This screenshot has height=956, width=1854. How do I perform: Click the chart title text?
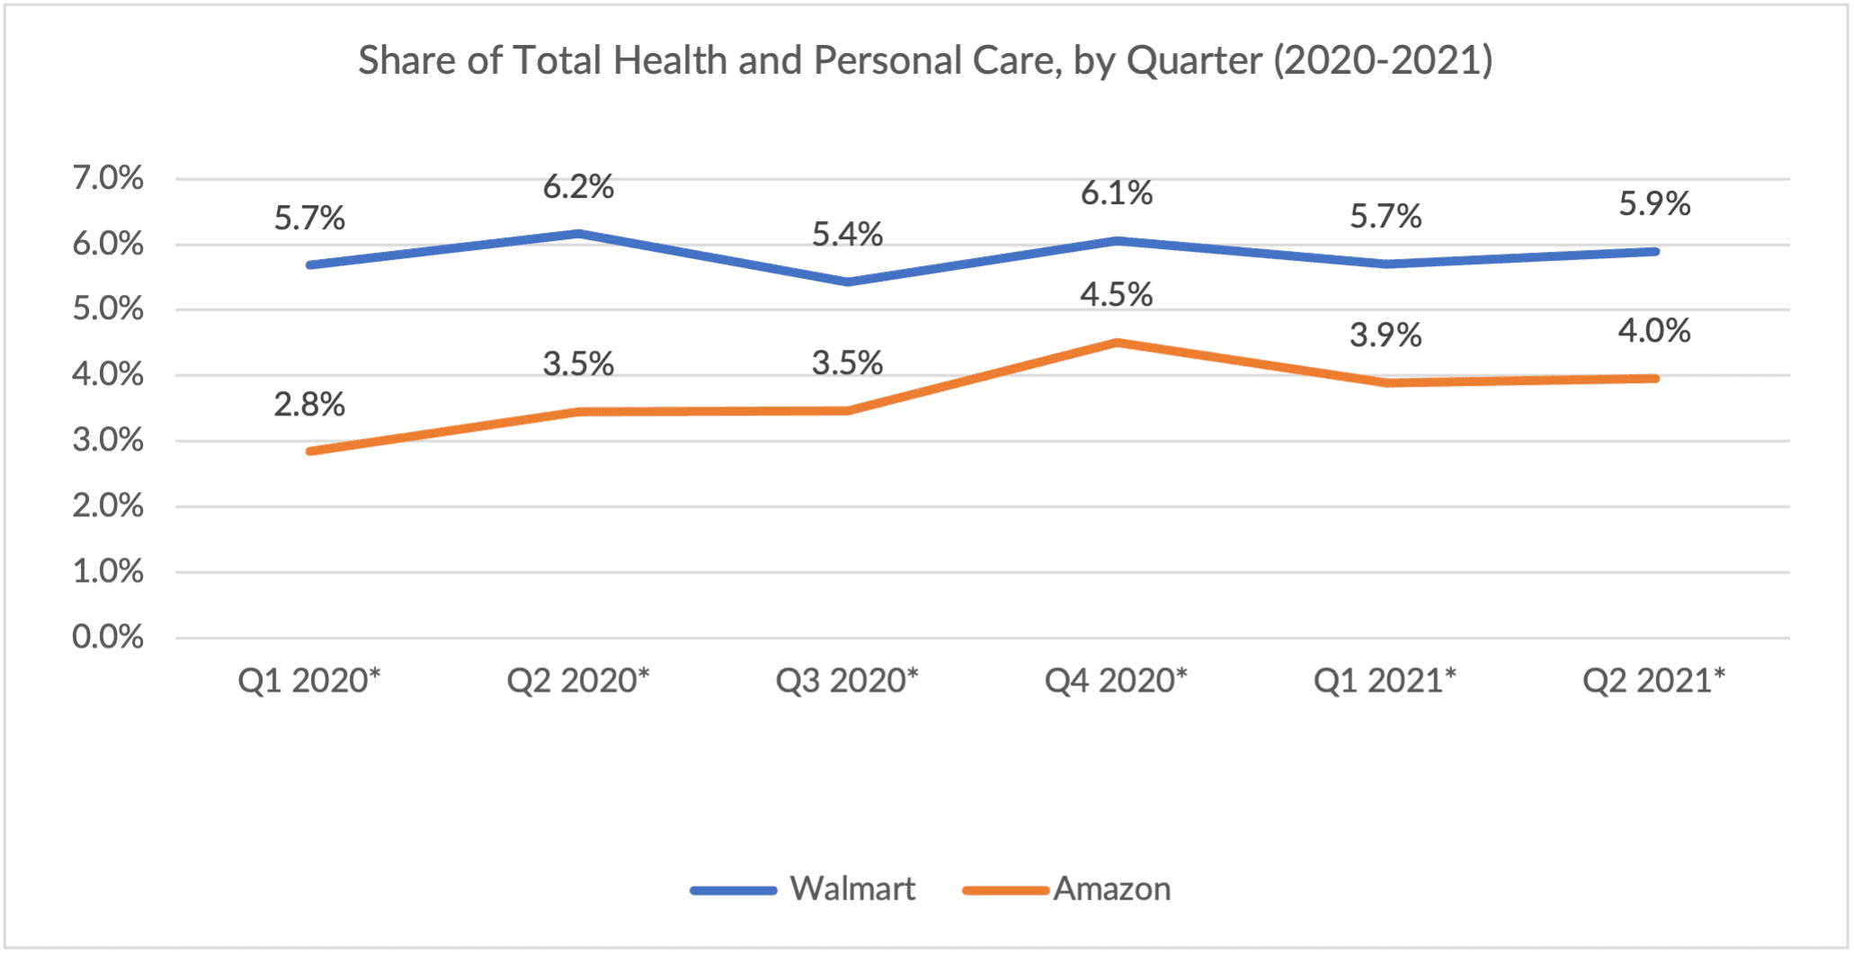pyautogui.click(x=925, y=61)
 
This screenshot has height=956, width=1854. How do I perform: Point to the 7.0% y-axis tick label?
pyautogui.click(x=108, y=178)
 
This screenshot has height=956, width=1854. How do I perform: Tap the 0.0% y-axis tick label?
pyautogui.click(x=108, y=637)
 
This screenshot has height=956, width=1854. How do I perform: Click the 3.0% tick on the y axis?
pyautogui.click(x=108, y=441)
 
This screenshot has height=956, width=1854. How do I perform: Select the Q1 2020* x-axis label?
pyautogui.click(x=309, y=681)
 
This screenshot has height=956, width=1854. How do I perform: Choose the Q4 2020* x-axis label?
pyautogui.click(x=1116, y=681)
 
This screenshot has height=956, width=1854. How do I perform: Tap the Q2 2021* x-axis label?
pyautogui.click(x=1653, y=681)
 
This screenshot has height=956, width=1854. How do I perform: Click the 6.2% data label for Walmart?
pyautogui.click(x=578, y=187)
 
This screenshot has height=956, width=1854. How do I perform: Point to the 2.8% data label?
pyautogui.click(x=309, y=405)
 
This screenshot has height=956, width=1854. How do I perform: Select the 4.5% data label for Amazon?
pyautogui.click(x=1116, y=295)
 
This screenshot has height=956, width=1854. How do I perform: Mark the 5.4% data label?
pyautogui.click(x=847, y=235)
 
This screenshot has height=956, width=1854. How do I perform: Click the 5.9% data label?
pyautogui.click(x=1654, y=204)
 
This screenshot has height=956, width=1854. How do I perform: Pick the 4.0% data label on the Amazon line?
pyautogui.click(x=1654, y=331)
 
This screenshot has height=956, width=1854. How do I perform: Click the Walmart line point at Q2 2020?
pyautogui.click(x=578, y=234)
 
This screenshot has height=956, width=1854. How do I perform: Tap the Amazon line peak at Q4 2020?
pyautogui.click(x=1117, y=343)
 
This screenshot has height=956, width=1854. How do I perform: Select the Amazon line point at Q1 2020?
pyautogui.click(x=310, y=451)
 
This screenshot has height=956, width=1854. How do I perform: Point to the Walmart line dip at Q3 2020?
pyautogui.click(x=847, y=281)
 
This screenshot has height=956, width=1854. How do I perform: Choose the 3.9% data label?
pyautogui.click(x=1386, y=335)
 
